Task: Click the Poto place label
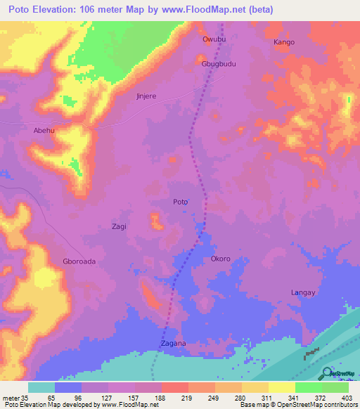coord(181,202)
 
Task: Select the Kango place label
coord(283,42)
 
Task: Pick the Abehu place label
coord(44,131)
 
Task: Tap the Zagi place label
coord(120,226)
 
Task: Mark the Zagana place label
coord(173,344)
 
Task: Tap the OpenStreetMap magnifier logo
coord(328,373)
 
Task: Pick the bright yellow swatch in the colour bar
coord(281,387)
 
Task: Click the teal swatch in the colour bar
coord(41,387)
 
